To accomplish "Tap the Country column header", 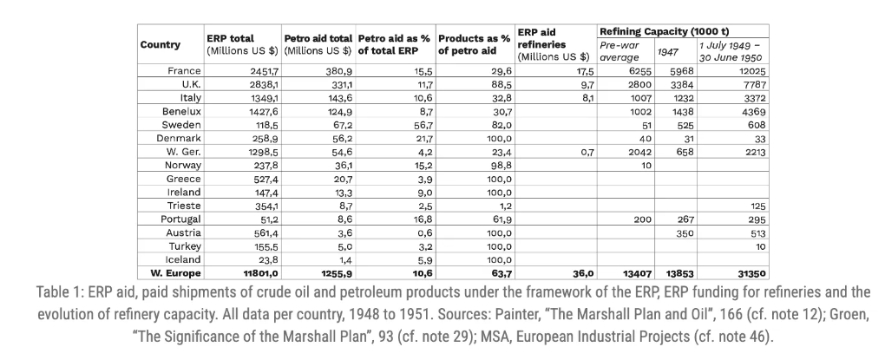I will click(161, 45).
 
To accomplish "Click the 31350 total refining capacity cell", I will click(751, 272).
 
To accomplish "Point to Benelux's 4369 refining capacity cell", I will click(751, 111).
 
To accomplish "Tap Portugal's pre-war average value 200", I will click(640, 219).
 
